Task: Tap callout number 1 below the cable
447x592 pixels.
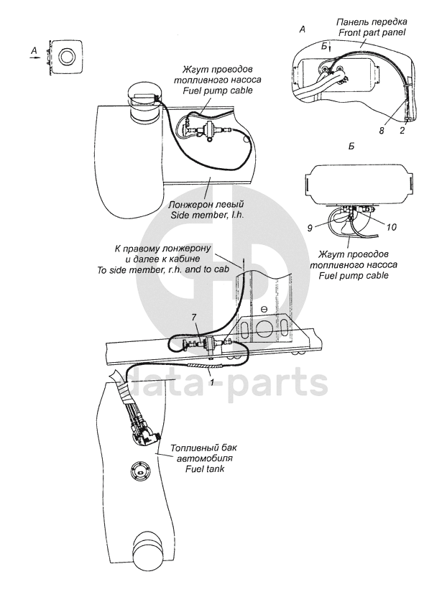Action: (x=212, y=382)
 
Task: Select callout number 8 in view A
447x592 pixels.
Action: (x=382, y=130)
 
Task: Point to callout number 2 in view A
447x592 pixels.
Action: (x=402, y=130)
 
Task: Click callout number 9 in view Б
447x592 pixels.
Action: (x=310, y=228)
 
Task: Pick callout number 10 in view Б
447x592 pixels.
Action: (x=392, y=227)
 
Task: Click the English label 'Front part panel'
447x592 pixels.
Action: (x=372, y=32)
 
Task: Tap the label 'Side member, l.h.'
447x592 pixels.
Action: (x=206, y=213)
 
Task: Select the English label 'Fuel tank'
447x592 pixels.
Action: (x=204, y=469)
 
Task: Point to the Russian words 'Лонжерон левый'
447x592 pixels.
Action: (x=206, y=204)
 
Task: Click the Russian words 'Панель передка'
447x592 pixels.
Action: (x=372, y=22)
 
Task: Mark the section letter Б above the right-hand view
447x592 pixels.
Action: (x=351, y=146)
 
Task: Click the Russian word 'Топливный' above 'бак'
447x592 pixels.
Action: (x=193, y=448)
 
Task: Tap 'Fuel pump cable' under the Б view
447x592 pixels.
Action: (x=354, y=275)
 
